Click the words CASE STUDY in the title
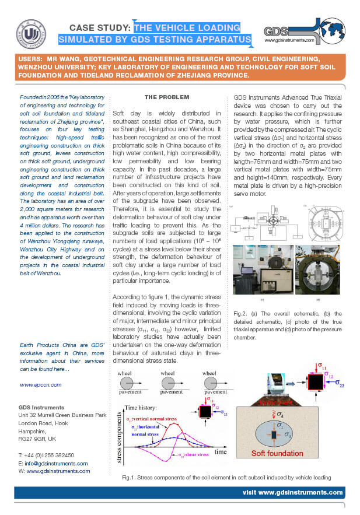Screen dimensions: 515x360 100,27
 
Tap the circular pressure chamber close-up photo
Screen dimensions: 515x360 316,270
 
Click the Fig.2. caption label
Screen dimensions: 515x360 240,313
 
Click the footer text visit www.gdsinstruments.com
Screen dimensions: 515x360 292,493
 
